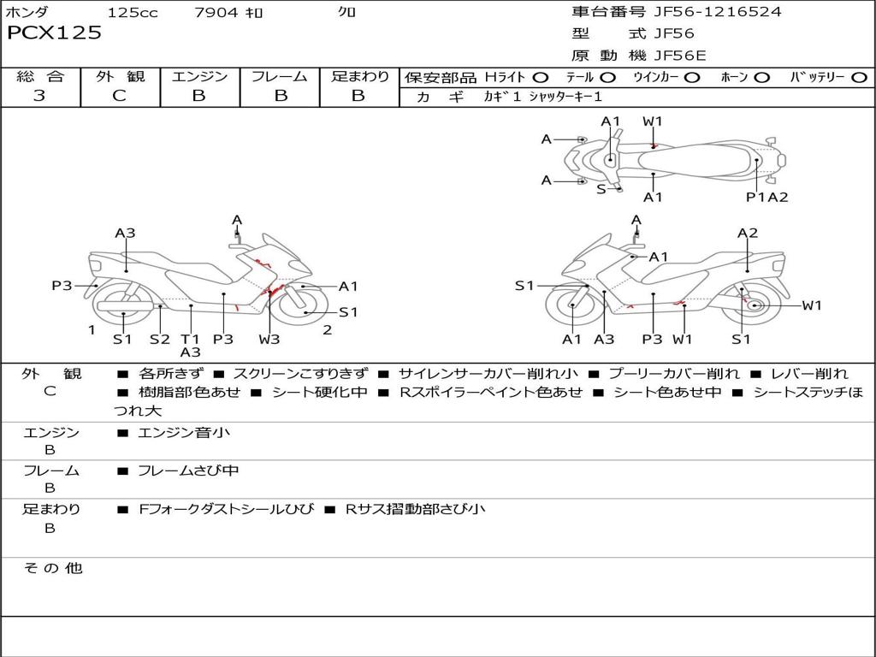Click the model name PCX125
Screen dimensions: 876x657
click(x=54, y=33)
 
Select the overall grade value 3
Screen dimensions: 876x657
click(x=39, y=96)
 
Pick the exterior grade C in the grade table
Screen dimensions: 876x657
click(x=119, y=96)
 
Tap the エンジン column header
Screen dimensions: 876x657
click(x=199, y=76)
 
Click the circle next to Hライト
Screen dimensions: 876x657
click(x=541, y=77)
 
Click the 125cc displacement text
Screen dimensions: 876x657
click(x=133, y=13)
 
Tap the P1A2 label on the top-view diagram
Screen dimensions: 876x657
click(x=766, y=197)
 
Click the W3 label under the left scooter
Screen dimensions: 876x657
click(x=269, y=339)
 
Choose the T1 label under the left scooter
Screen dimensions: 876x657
click(x=190, y=339)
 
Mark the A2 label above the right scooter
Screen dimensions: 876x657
click(x=748, y=233)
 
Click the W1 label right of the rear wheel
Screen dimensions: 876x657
click(x=812, y=305)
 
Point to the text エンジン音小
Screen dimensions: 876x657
click(x=184, y=433)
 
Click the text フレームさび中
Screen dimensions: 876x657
click(x=188, y=471)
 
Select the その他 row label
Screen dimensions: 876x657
click(x=53, y=568)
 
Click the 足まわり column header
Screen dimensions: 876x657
click(x=359, y=76)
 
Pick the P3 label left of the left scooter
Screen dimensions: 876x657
click(x=62, y=286)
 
